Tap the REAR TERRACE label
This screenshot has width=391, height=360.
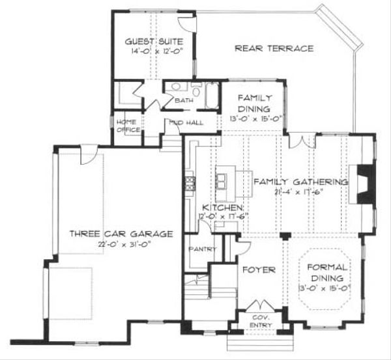click(x=274, y=48)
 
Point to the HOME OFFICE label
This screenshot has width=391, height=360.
click(x=128, y=126)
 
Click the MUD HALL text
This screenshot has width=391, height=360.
click(x=186, y=122)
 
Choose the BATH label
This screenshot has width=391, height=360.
click(x=184, y=101)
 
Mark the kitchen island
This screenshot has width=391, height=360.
click(x=233, y=181)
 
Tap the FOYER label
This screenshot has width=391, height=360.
click(x=259, y=269)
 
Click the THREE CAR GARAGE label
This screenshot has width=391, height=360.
click(x=112, y=233)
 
